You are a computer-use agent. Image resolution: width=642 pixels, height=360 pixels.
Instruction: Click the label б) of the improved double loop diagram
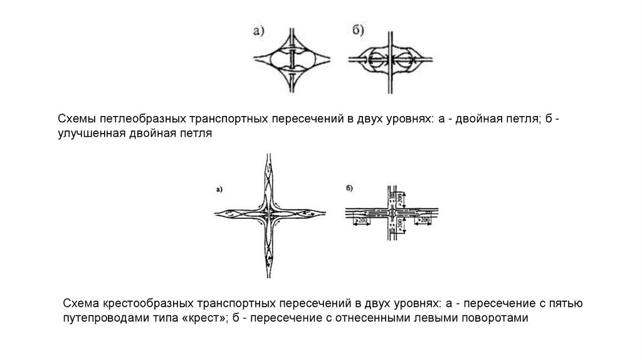(357, 29)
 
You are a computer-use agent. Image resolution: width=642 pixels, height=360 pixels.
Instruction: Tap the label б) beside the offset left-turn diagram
(349, 187)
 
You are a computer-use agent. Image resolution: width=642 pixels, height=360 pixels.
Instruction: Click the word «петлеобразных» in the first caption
(134, 119)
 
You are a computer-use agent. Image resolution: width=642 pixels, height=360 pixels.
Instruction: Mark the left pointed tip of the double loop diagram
(253, 60)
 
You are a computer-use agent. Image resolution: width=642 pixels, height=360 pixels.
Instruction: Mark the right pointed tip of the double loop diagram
(333, 60)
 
